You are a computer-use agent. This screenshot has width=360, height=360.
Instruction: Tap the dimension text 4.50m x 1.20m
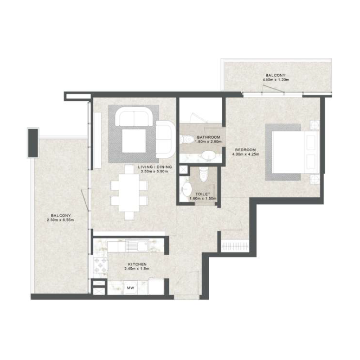tap(275, 80)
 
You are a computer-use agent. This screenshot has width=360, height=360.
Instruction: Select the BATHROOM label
tap(208, 137)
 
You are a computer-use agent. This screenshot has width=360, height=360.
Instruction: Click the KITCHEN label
tap(137, 264)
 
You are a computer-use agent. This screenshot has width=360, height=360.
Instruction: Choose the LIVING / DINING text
tap(153, 166)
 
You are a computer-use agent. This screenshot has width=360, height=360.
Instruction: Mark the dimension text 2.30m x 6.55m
tap(60, 220)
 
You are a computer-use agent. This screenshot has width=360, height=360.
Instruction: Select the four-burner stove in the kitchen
tap(99, 264)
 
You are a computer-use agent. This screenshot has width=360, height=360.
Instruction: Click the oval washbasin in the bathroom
tap(208, 155)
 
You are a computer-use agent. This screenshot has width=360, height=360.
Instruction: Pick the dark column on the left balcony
tap(33, 143)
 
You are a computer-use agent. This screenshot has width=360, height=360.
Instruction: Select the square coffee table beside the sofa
tap(134, 139)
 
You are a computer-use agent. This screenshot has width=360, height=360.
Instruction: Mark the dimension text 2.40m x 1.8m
tap(137, 269)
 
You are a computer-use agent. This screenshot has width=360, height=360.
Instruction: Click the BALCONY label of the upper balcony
tap(275, 75)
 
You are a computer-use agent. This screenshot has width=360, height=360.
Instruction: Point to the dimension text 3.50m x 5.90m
tap(153, 171)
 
